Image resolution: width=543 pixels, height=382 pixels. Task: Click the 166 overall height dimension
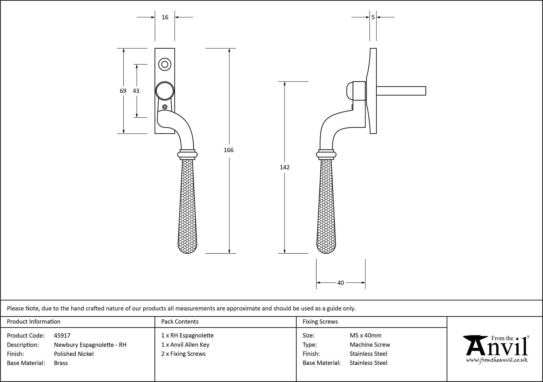229,150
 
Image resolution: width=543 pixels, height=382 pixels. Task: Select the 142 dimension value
285,167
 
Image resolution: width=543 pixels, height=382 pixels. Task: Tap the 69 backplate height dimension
123,91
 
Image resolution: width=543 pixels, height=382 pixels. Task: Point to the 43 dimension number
136,91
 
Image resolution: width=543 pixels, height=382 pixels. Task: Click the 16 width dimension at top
165,17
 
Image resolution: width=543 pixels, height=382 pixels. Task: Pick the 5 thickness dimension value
373,17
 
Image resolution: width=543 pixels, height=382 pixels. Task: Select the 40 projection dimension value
340,283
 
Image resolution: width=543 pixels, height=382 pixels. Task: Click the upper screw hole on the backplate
165,64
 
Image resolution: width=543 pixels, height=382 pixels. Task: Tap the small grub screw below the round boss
165,107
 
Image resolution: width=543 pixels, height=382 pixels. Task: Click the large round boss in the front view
165,91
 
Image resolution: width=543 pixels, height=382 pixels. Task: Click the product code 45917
62,336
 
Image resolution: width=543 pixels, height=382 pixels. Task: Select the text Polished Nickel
74,354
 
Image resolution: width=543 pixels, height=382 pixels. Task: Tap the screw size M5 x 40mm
365,336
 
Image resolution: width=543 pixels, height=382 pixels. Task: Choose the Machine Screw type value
370,345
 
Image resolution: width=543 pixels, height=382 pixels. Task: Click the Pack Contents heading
180,322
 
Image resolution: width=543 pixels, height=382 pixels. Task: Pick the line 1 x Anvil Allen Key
185,345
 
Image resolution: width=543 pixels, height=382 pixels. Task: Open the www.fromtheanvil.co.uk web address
497,360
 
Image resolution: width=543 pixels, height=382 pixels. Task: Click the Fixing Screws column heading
320,322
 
